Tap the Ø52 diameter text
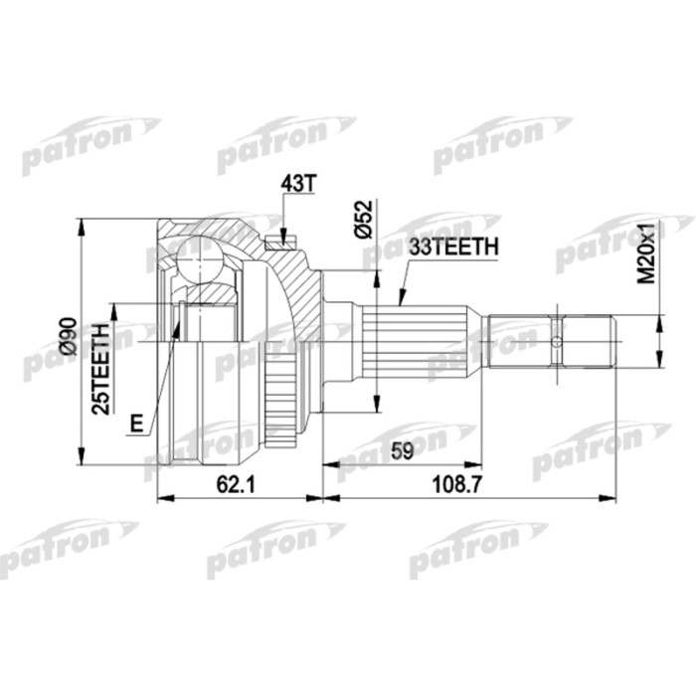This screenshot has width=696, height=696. tap(364, 218)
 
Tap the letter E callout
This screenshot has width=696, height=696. tap(136, 425)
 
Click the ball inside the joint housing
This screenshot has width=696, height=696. tap(205, 260)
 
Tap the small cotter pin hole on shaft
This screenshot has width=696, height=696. tap(557, 343)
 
